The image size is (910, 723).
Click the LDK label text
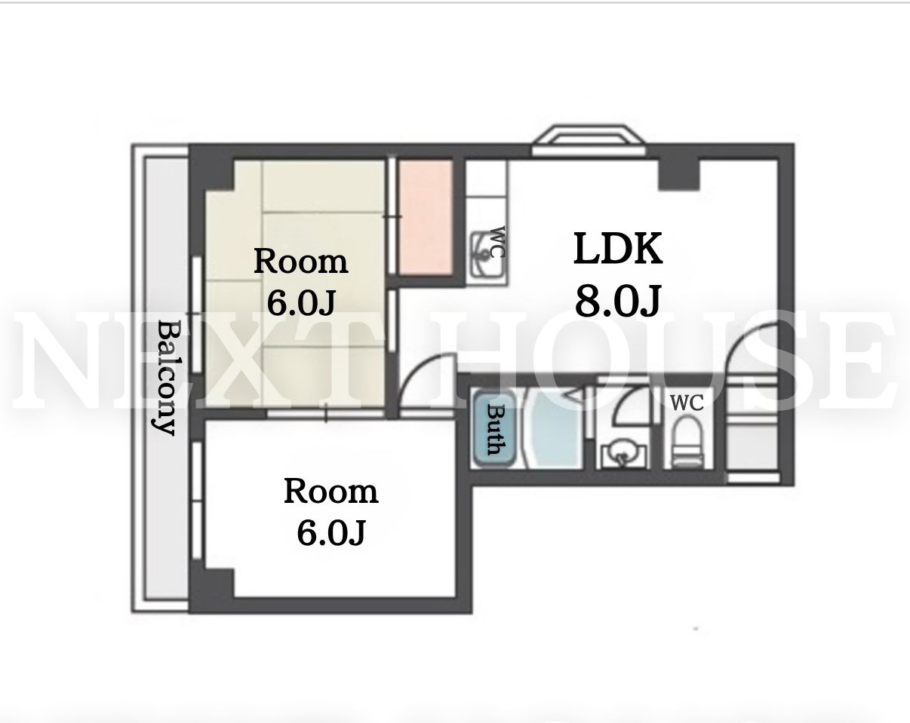618,249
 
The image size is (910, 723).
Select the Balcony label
167,378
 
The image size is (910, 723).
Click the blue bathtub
494,428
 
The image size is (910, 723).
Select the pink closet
424,217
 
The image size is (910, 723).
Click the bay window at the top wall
589,140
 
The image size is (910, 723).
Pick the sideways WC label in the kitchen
498,242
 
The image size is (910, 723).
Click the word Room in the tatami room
300,262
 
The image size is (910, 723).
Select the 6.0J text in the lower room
331,533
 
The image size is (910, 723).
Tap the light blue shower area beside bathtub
556,428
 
